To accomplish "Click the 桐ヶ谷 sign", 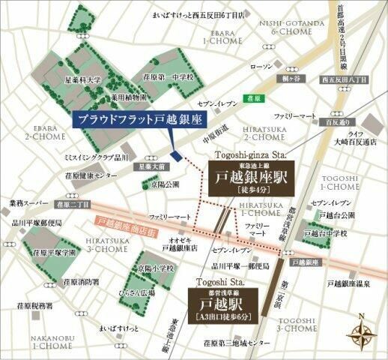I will tap(302, 79).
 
